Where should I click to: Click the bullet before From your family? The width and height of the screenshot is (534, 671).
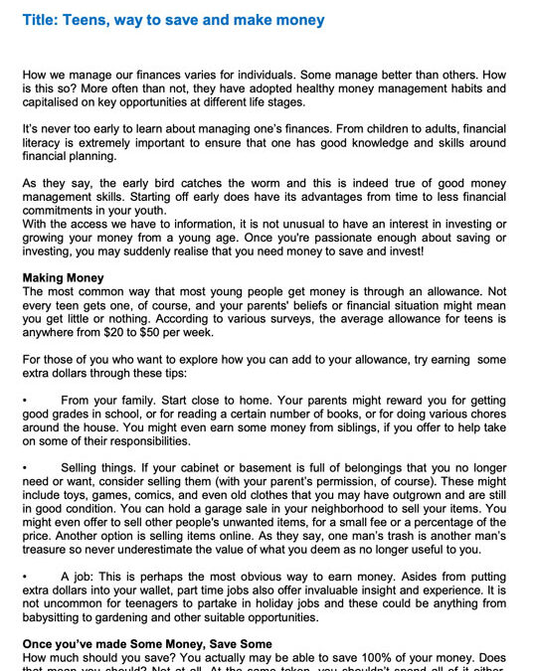coord(25,399)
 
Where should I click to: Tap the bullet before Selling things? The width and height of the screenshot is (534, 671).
coord(25,467)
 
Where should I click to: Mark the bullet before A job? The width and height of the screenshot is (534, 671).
coord(25,576)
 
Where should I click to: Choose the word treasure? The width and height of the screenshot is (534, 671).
coord(46,550)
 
